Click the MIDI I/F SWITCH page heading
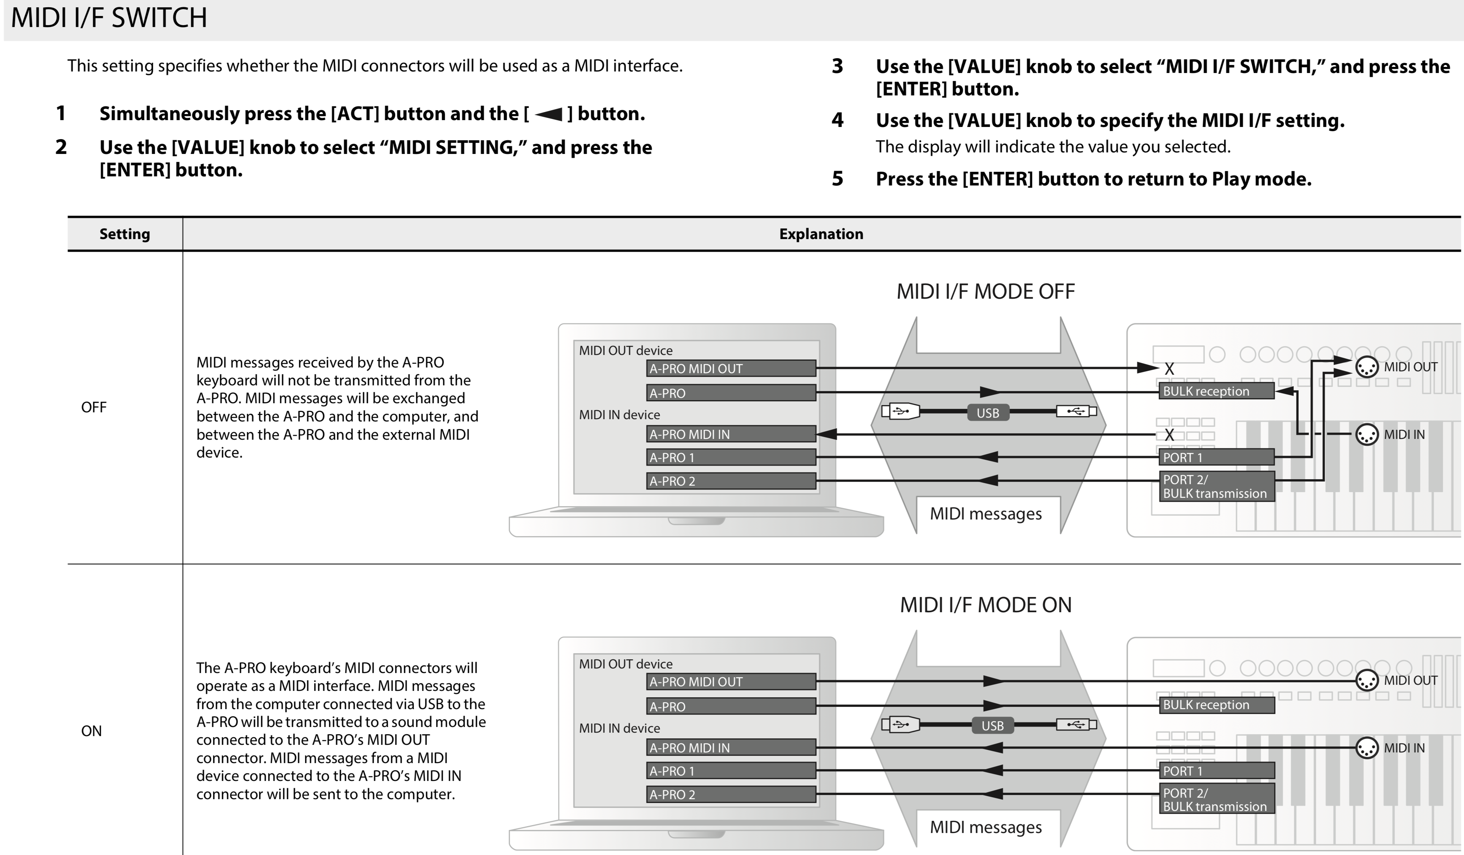109,18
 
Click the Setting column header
124,234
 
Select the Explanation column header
821,234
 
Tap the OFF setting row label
93,407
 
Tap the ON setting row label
91,731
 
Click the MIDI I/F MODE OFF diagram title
985,291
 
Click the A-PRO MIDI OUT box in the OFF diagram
731,368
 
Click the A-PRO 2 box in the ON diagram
731,794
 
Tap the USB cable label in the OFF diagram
988,413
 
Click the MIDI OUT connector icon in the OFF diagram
1366,367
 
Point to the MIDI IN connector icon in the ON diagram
1366,748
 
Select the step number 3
837,66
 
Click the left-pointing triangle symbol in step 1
548,114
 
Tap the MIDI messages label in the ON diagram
985,827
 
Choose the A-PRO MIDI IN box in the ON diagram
731,747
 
